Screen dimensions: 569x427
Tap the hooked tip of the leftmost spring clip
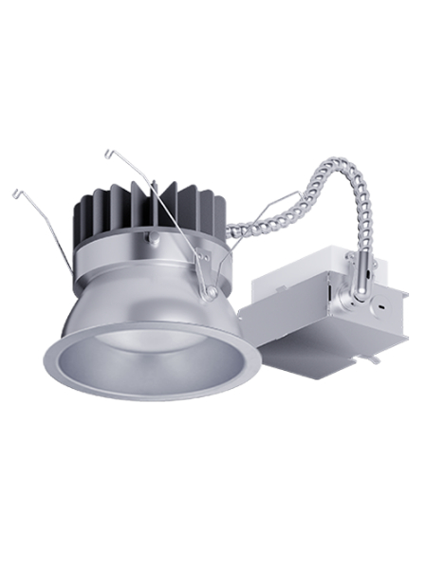[16, 193]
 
